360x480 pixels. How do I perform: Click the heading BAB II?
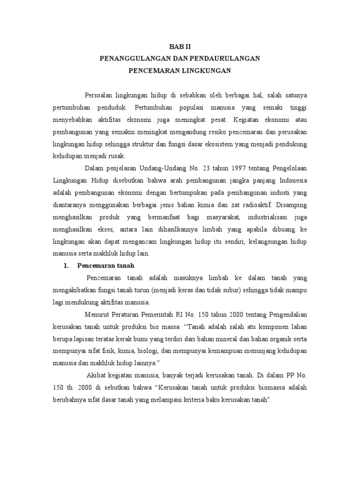point(180,46)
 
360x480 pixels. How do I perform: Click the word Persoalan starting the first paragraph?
point(99,95)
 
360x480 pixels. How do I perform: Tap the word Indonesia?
point(293,180)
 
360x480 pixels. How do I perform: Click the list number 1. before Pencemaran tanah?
point(67,265)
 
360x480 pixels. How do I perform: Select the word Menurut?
point(97,314)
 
